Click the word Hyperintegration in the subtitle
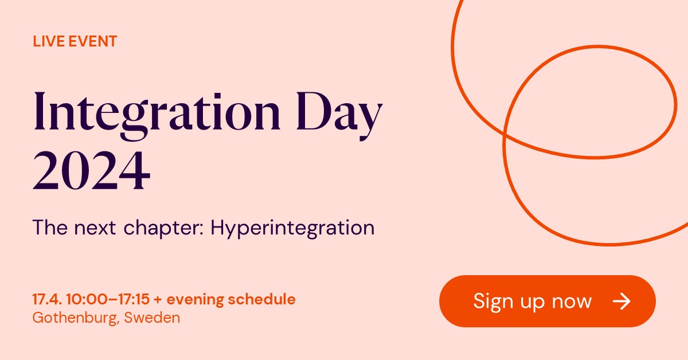click(x=292, y=228)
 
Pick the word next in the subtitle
click(x=98, y=228)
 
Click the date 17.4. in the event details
click(x=46, y=299)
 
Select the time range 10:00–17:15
click(x=107, y=299)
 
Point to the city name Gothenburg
click(x=75, y=318)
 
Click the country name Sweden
click(x=152, y=317)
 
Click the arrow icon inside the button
click(x=621, y=302)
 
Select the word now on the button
click(x=571, y=302)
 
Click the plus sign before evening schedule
click(x=158, y=299)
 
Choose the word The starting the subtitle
click(x=49, y=228)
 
